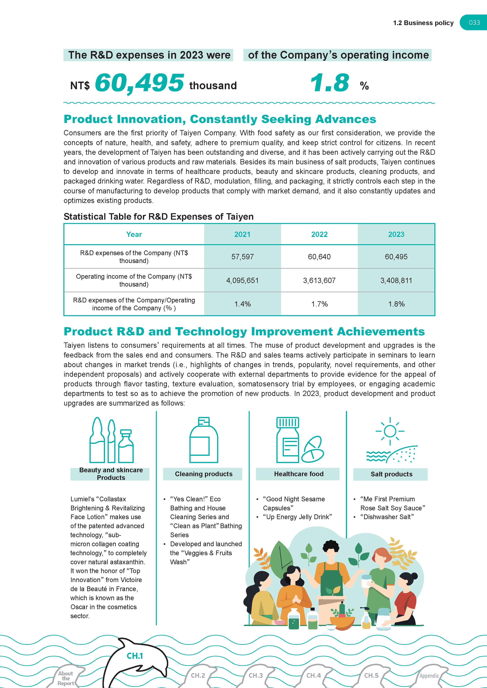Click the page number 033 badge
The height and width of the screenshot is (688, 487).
[474, 23]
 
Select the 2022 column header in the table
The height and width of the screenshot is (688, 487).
[319, 234]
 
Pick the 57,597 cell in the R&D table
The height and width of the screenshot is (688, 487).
[242, 257]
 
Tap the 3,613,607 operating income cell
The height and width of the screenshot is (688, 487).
[319, 280]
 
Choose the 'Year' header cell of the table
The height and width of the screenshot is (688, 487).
[134, 234]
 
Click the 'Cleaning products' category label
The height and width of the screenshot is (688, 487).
[204, 474]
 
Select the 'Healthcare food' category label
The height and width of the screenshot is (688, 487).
[299, 474]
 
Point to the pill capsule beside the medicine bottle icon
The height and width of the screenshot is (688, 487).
[312, 450]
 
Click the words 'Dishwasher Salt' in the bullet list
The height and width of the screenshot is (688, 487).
[387, 517]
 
